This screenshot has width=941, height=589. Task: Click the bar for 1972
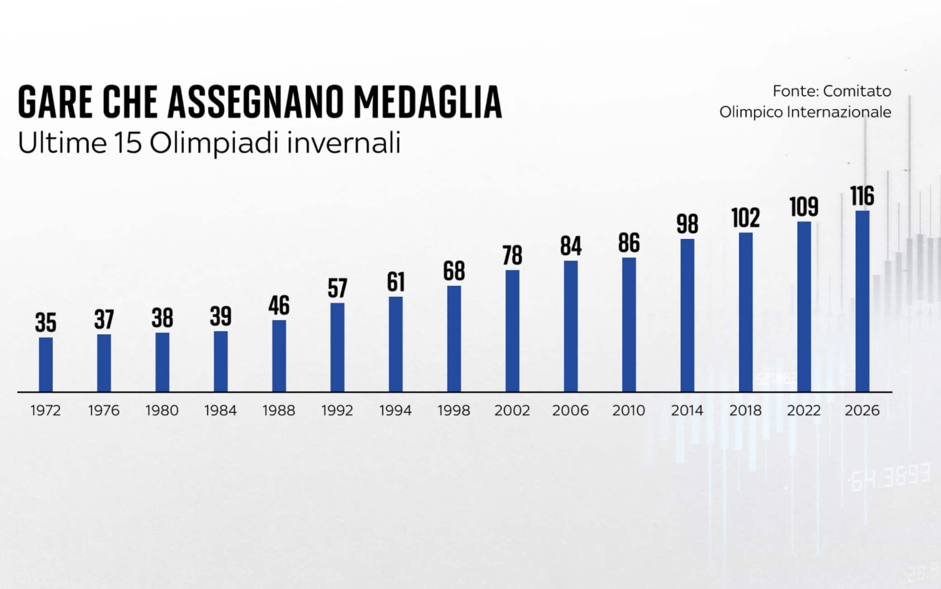(46, 364)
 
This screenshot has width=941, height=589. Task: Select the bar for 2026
(862, 301)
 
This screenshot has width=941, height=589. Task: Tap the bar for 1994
(395, 344)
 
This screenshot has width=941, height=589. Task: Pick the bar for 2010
(629, 324)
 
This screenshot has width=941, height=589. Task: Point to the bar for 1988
(279, 356)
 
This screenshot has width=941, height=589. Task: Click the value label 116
(862, 196)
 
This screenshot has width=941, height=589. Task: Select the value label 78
(512, 256)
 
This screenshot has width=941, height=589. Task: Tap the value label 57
(337, 289)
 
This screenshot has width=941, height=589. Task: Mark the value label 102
(746, 218)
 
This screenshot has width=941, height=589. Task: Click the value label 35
(46, 323)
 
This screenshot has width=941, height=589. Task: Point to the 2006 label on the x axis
(570, 411)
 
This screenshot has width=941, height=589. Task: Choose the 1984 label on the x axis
(220, 411)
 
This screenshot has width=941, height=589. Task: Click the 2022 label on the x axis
(804, 411)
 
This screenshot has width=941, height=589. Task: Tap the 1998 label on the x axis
(454, 411)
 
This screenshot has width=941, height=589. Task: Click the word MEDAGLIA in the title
(428, 102)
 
